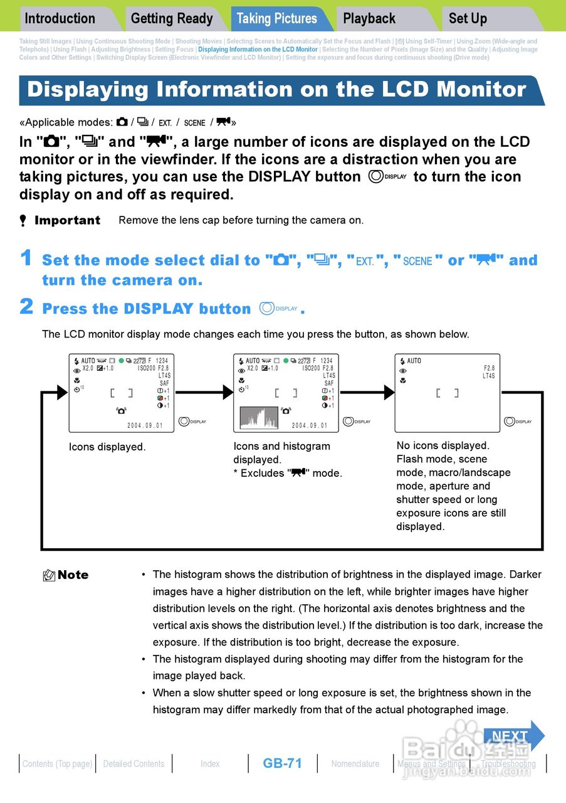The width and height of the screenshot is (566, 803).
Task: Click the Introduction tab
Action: pos(60,19)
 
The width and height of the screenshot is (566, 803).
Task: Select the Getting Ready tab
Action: pos(171,19)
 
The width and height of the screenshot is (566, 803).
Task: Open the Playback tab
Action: pos(369,19)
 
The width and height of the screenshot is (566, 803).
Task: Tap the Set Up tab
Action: pos(468,19)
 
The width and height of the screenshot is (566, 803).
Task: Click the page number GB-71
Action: pos(282,763)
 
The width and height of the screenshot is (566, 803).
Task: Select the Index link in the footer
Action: pos(210,764)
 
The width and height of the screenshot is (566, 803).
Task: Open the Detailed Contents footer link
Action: pos(134,764)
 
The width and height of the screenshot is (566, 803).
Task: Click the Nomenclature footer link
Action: pos(355,764)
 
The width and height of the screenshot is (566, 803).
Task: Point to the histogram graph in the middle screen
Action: pos(259,418)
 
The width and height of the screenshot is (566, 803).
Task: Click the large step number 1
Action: pos(26,258)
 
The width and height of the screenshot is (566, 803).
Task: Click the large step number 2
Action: pos(26,307)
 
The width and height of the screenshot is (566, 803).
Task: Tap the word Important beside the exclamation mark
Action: pos(67,220)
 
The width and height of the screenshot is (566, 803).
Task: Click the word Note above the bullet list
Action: pos(73,575)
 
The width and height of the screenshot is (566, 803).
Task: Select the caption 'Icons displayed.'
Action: pos(107,447)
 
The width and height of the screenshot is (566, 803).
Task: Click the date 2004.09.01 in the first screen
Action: pos(145,425)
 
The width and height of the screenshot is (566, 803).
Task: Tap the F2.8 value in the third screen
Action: pos(489,368)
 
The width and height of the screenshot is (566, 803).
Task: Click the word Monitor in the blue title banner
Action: pos(481,90)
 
